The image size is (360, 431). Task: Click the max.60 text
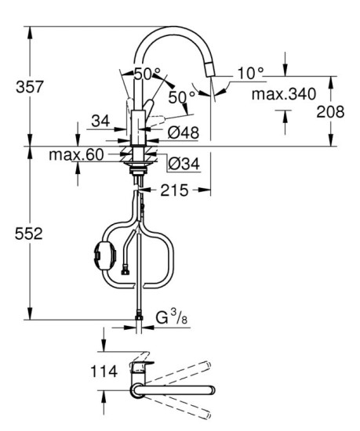click(76, 154)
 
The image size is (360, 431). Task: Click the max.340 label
click(284, 95)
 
